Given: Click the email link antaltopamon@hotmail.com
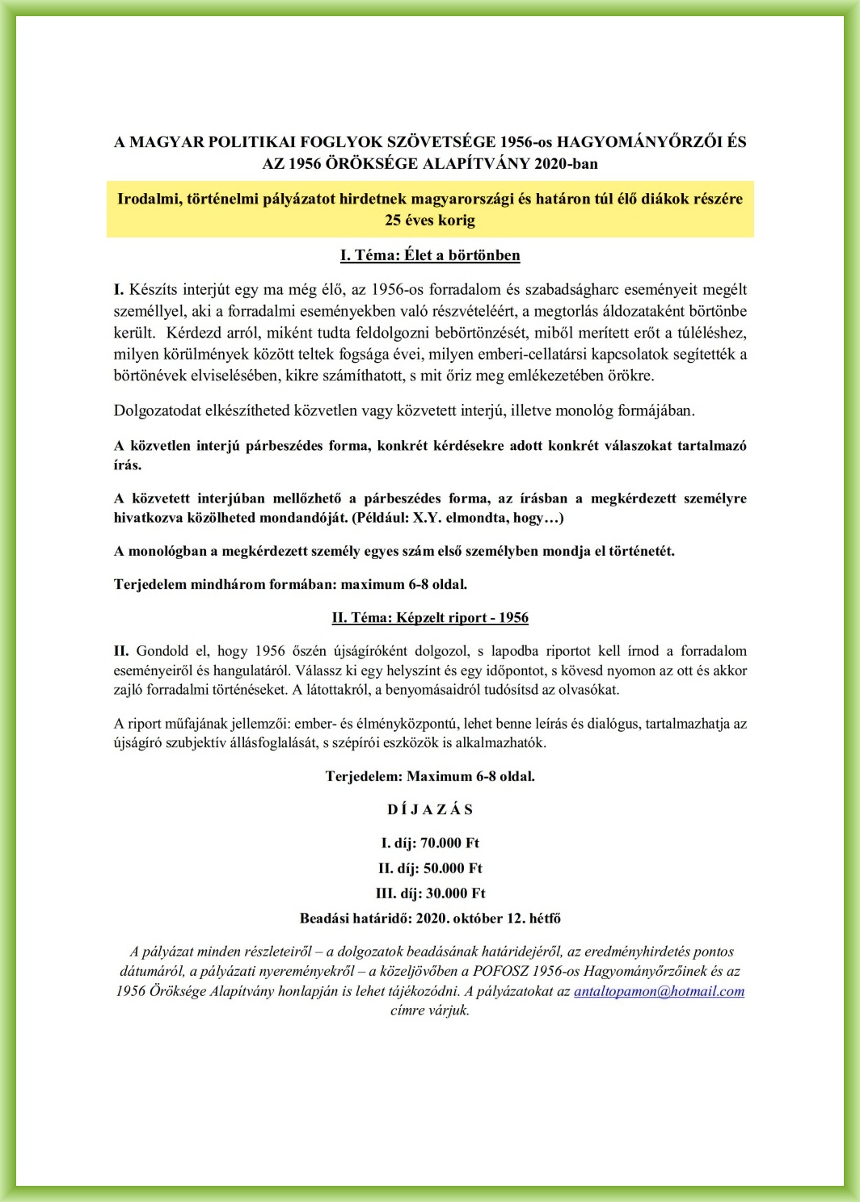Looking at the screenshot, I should (659, 991).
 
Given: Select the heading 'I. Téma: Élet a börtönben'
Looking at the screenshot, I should (430, 255).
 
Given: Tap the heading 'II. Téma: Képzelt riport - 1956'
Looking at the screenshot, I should (430, 618).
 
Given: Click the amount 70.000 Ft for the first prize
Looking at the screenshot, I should (449, 843).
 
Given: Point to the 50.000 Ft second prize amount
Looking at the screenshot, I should (453, 868).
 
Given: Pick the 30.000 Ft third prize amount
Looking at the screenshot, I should (456, 893).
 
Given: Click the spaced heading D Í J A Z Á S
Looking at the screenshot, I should (430, 809).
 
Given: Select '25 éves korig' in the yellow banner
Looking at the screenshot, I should (430, 220).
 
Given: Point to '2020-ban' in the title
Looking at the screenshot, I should (566, 163).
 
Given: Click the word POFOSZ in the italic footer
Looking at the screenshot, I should (497, 971).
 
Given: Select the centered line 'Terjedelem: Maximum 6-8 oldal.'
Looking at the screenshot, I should (430, 776).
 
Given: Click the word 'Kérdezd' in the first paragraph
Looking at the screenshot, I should (193, 333).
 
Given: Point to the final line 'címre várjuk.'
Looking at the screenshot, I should (430, 1011).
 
